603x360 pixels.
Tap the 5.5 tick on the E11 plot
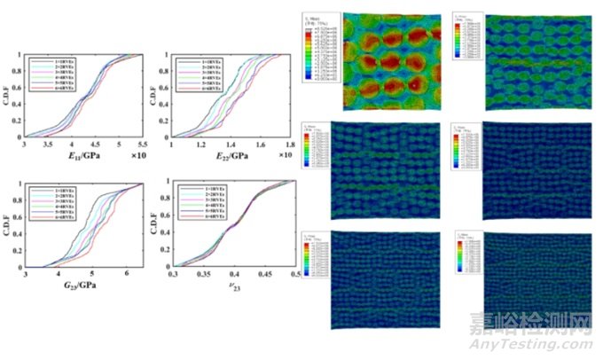143,143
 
